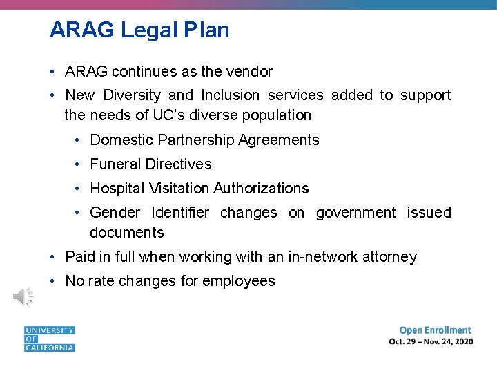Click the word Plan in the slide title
206,30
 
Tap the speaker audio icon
23,297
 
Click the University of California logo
49,338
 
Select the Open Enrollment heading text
435,330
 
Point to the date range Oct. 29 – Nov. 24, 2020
431,342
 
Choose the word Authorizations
261,189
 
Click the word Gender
115,213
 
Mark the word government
355,213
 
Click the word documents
127,233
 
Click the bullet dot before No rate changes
53,281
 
